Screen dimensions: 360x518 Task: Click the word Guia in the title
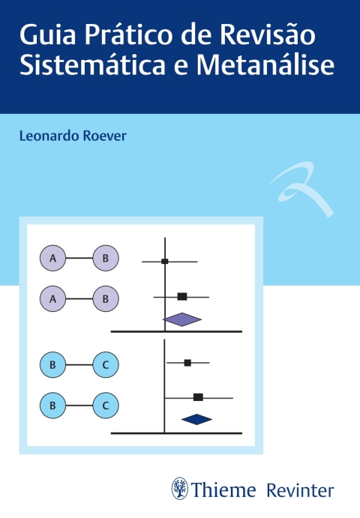coord(47,35)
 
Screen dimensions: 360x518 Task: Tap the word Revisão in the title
coord(268,34)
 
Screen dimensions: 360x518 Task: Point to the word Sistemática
coord(92,64)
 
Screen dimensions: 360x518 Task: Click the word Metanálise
coord(265,64)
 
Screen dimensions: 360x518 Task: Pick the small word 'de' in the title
coord(196,35)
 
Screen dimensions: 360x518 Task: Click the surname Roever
coord(104,136)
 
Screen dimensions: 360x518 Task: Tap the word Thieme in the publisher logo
coord(223,490)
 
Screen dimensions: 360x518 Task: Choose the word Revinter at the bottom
coord(300,490)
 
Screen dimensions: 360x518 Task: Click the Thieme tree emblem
coord(180,489)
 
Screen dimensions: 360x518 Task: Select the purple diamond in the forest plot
coord(182,319)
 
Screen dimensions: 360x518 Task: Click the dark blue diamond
coord(196,419)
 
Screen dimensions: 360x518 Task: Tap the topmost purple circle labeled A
coord(53,258)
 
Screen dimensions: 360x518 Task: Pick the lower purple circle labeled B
coord(106,299)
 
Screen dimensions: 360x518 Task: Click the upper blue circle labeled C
coord(106,365)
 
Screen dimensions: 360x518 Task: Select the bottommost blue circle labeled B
coord(53,406)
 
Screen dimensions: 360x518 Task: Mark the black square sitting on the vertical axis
coord(165,262)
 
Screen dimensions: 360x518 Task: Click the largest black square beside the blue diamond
coord(198,397)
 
